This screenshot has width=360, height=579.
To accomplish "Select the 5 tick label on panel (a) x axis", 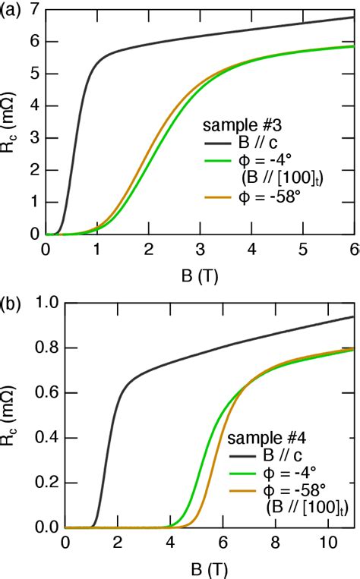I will [x=303, y=249].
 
